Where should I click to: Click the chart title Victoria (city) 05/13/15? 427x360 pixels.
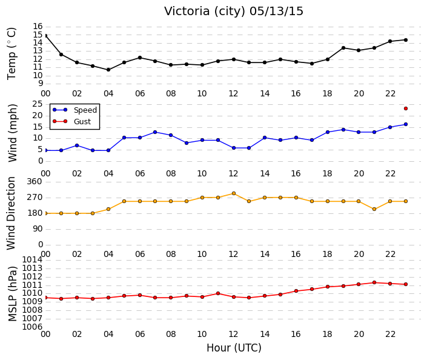click(x=233, y=12)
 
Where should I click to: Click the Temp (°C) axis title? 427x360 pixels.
click(x=12, y=53)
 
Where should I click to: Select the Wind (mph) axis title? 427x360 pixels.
click(x=13, y=133)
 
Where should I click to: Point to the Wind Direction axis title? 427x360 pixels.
click(x=11, y=213)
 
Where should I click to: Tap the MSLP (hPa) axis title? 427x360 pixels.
click(x=13, y=294)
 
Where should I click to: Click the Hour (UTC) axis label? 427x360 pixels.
click(x=234, y=348)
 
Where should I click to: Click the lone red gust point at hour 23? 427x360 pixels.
click(x=406, y=108)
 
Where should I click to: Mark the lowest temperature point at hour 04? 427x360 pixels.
click(x=108, y=70)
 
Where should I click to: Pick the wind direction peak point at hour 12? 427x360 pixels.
click(x=234, y=193)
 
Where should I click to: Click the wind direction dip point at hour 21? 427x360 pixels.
click(x=374, y=209)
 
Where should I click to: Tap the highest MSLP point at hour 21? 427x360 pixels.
click(x=374, y=282)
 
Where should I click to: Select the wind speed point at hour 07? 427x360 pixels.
click(x=155, y=132)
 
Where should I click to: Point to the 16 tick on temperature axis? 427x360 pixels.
click(x=38, y=27)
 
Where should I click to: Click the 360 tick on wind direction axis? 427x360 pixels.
click(x=35, y=181)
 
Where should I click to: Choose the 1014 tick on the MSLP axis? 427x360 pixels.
click(x=33, y=259)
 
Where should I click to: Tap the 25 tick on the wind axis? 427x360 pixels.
click(x=38, y=104)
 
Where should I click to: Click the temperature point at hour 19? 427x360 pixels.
click(x=343, y=48)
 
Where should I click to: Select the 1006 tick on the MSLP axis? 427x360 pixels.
click(x=33, y=327)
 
